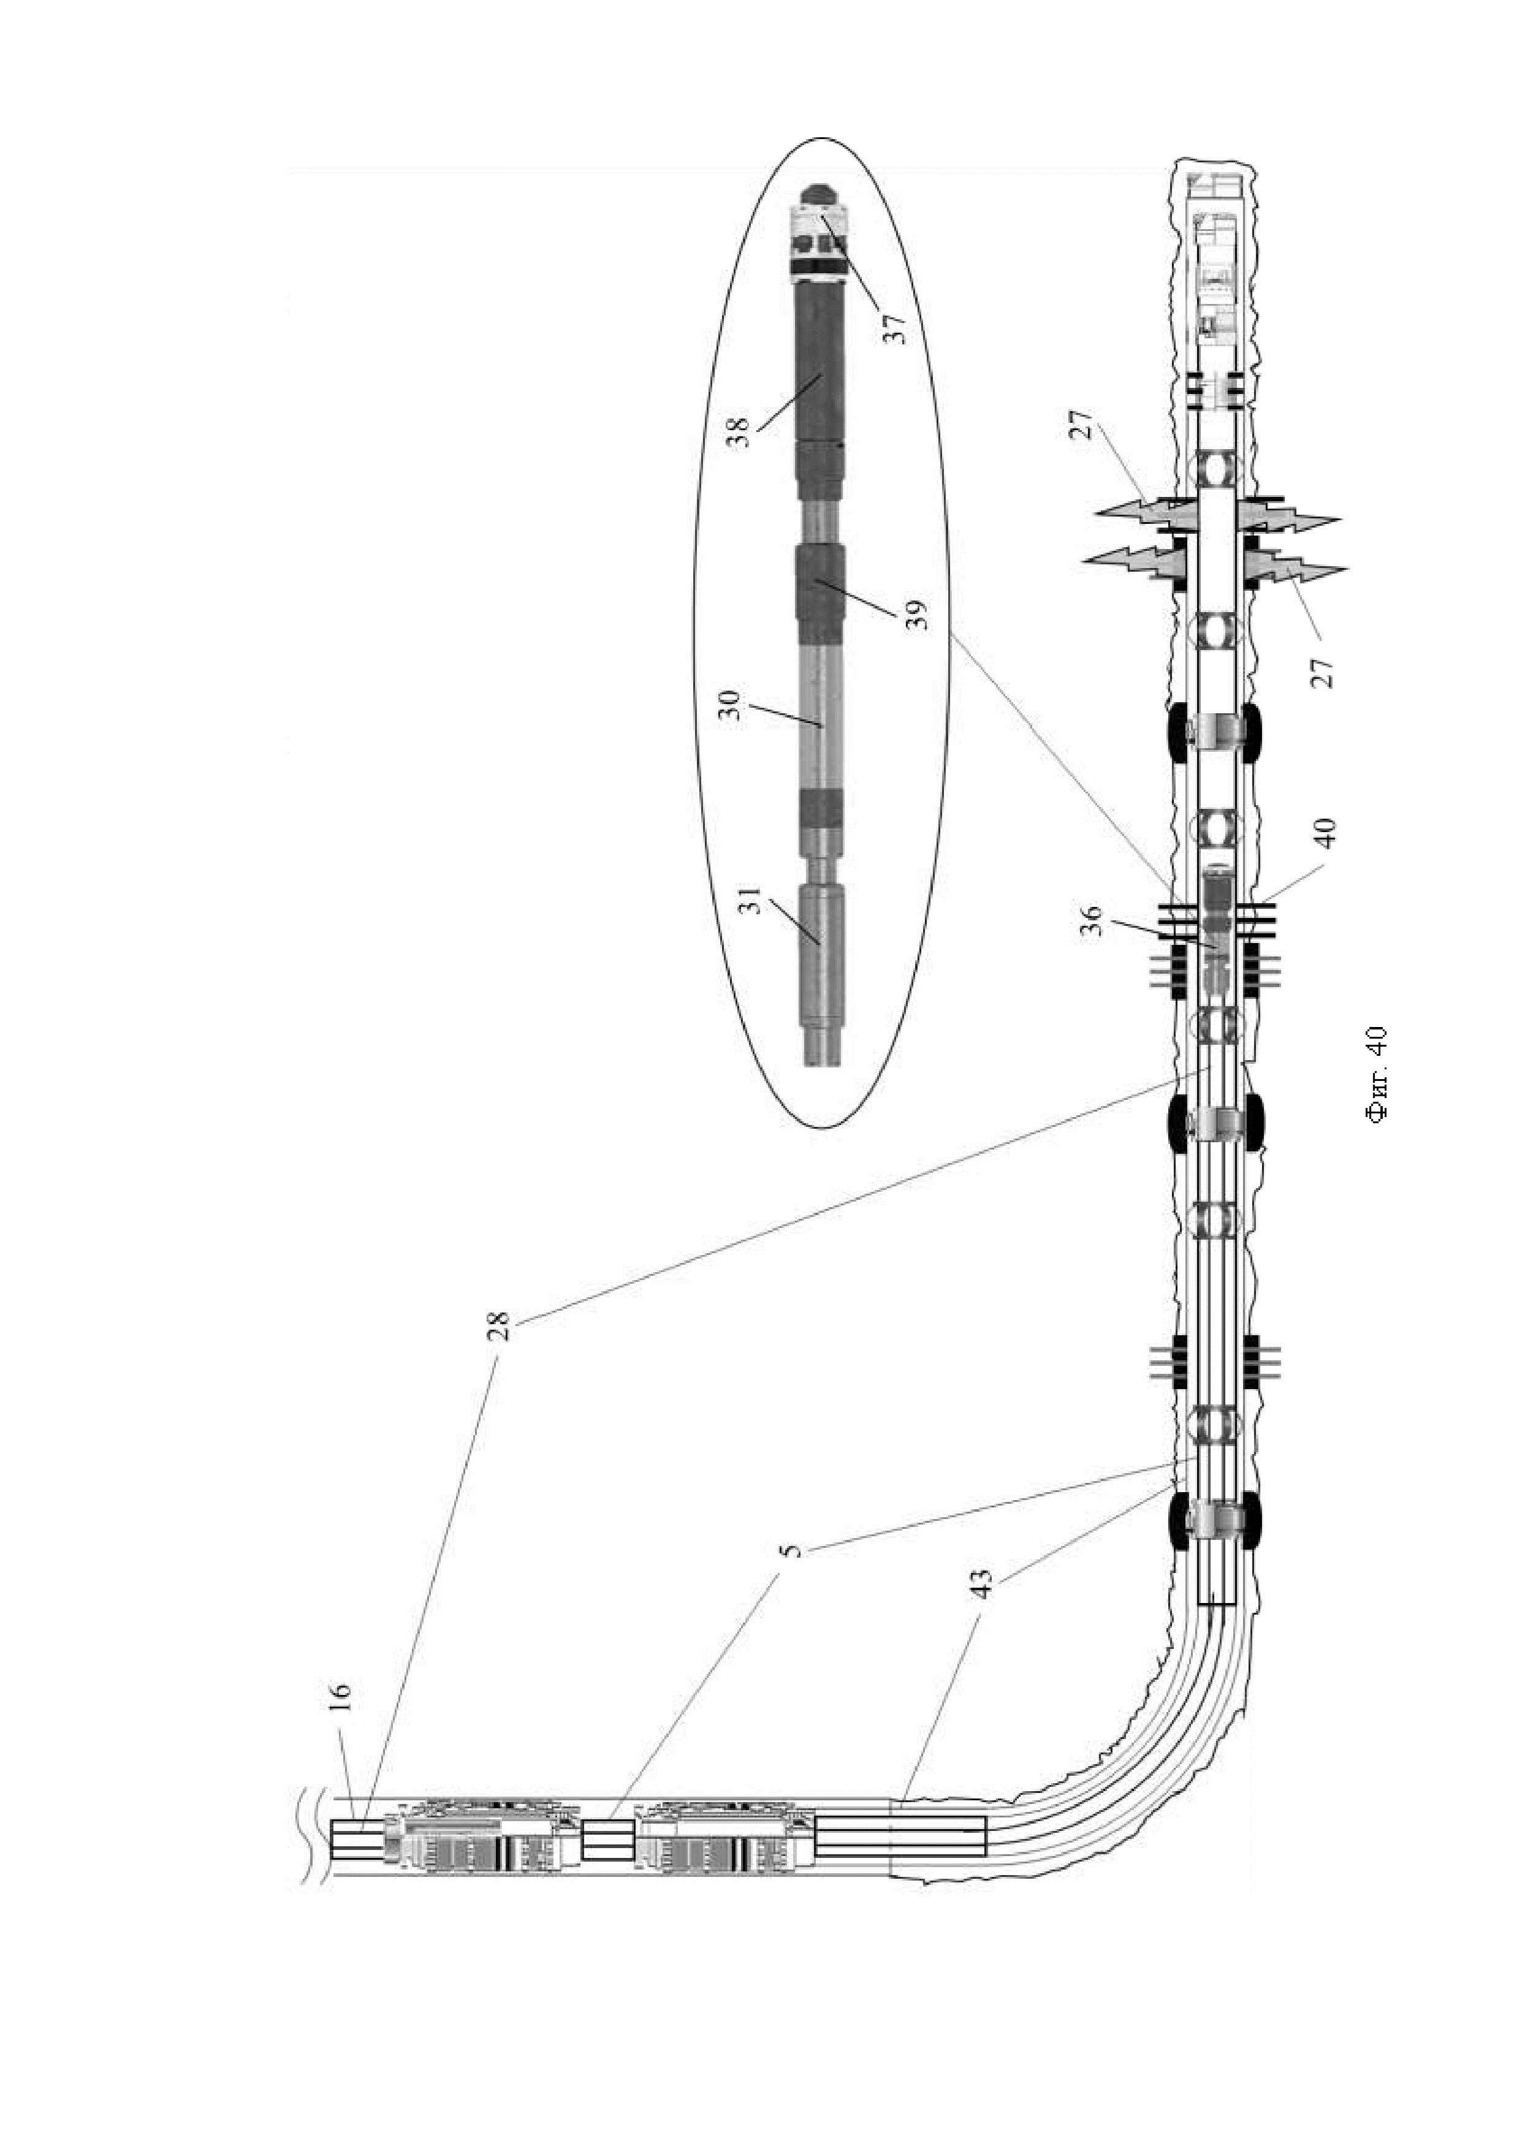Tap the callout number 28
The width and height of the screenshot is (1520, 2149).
502,1325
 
